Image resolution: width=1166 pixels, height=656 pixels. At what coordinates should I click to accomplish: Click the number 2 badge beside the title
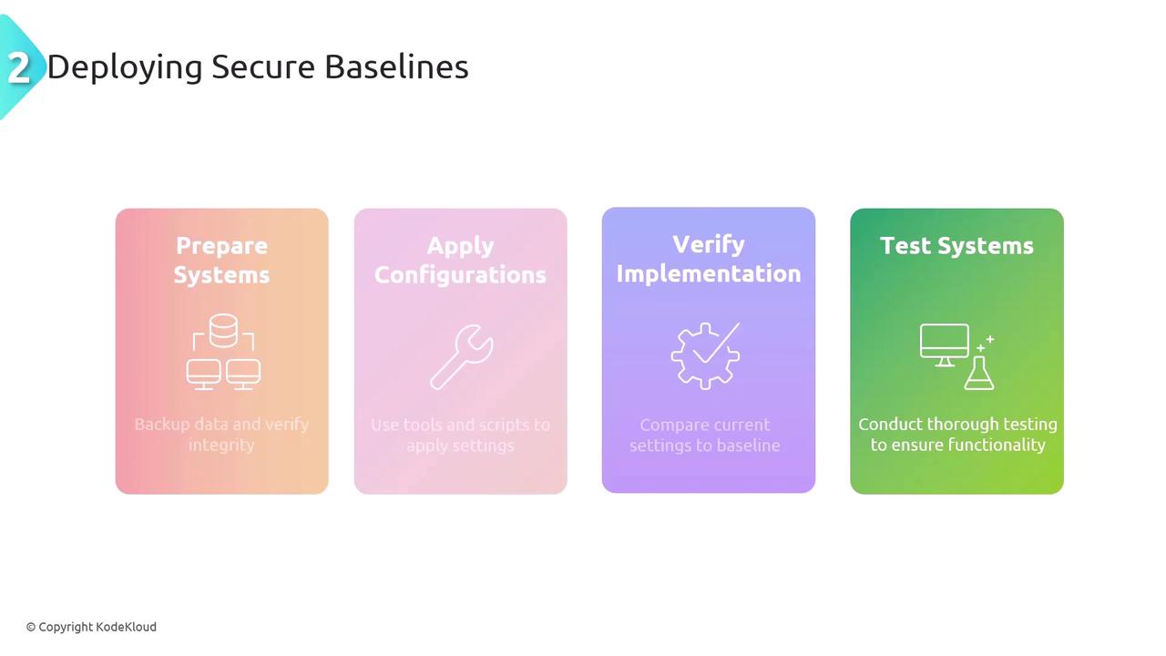[x=19, y=67]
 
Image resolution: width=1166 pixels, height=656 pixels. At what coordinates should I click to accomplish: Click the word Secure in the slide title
[x=263, y=67]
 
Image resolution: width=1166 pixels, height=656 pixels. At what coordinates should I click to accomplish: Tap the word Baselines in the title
[x=396, y=67]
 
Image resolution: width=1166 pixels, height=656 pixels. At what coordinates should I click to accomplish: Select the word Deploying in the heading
[x=125, y=68]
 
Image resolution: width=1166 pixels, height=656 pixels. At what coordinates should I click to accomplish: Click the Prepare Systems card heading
[x=221, y=260]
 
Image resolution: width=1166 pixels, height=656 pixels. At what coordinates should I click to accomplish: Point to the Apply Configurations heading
[x=460, y=261]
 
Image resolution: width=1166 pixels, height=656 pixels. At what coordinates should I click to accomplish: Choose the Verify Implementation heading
[x=709, y=259]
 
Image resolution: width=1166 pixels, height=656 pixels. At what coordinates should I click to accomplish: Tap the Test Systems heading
[x=956, y=246]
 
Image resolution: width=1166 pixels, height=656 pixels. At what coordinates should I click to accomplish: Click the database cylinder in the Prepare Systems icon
[x=223, y=331]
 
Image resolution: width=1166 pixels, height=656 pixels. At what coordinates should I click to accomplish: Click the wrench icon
[x=461, y=357]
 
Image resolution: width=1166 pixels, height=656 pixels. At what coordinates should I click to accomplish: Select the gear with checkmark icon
[x=705, y=355]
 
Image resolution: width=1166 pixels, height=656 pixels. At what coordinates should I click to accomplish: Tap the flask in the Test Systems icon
[x=979, y=373]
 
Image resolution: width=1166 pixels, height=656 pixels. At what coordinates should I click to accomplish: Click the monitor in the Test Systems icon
[x=945, y=344]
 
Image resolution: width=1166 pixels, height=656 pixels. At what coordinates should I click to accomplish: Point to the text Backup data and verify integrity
[x=221, y=435]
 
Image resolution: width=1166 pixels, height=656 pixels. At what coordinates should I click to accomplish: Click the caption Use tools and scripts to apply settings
[x=460, y=435]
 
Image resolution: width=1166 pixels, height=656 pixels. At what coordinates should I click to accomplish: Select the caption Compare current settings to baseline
[x=705, y=435]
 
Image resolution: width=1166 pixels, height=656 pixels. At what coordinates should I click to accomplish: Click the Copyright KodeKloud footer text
[x=92, y=627]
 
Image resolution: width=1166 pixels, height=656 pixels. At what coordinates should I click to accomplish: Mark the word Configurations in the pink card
[x=460, y=275]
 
